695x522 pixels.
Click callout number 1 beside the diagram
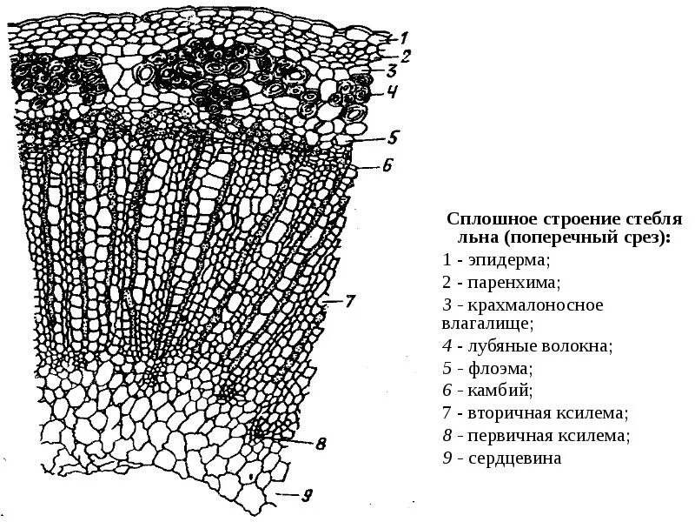click(402, 37)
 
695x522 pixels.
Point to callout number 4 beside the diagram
click(392, 91)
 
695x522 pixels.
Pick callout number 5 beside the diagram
click(392, 136)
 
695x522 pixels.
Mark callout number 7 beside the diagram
click(349, 302)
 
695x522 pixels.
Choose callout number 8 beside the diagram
click(320, 445)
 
